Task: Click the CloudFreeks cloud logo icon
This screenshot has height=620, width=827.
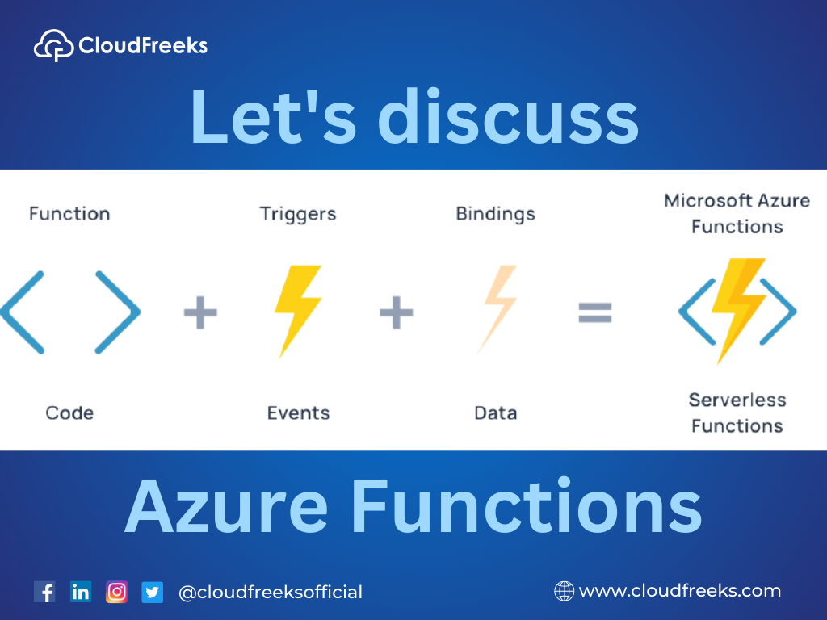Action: point(54,45)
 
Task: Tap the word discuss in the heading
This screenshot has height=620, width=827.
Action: point(509,116)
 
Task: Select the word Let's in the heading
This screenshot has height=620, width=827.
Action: point(274,116)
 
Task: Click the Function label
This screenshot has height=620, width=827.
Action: point(69,213)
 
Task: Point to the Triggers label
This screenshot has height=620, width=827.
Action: point(298,214)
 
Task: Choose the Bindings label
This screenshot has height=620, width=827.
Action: point(495,214)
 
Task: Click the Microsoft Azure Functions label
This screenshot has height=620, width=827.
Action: point(737,213)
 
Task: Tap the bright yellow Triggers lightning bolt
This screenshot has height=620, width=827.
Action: point(298,310)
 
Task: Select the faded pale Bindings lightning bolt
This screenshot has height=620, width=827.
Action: point(497,308)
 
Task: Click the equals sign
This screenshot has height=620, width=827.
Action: point(595,312)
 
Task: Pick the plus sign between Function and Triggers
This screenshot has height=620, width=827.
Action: point(200,312)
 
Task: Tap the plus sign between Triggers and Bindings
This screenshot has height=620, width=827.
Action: point(396,312)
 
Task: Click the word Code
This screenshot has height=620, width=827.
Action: point(69,413)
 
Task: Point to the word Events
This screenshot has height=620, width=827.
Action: point(299,413)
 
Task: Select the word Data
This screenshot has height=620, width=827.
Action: point(496,413)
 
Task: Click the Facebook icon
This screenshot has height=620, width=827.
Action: point(45,592)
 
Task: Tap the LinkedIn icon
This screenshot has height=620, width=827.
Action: point(81,592)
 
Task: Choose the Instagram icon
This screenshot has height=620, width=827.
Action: point(116,592)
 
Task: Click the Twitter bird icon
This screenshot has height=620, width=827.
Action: point(153,592)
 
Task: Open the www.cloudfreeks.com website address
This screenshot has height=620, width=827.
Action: point(680,591)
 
